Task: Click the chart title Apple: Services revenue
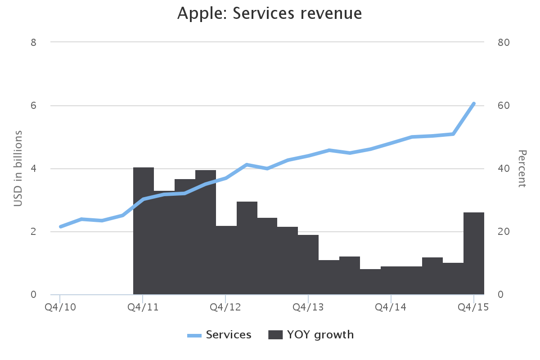click(270, 13)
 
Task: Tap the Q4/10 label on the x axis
click(60, 307)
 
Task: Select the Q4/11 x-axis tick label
click(143, 307)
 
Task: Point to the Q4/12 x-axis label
click(225, 307)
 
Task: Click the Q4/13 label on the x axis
click(308, 307)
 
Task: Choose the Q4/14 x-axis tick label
click(391, 307)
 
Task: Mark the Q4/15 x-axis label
click(473, 307)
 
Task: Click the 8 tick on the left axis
click(33, 42)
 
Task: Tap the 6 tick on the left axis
click(33, 106)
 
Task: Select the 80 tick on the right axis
click(504, 42)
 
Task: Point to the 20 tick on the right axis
click(504, 232)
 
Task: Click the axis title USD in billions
click(18, 169)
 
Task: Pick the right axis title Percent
click(522, 169)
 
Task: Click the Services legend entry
click(220, 335)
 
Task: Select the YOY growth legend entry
click(311, 335)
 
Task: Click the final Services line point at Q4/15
click(474, 103)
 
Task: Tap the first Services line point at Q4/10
click(60, 227)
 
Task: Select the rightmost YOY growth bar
click(474, 253)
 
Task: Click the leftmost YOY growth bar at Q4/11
click(144, 231)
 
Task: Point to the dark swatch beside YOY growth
click(275, 335)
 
